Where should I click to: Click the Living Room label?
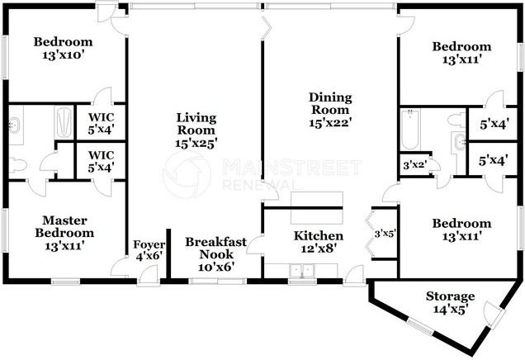pos(196,124)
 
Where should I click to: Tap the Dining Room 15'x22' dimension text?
pos(330,123)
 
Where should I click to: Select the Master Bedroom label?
pos(64,227)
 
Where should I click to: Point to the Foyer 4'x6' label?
pos(149,250)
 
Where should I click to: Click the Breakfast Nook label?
pos(216,248)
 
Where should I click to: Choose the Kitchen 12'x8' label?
pos(319,242)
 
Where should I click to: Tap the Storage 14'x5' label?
pos(450,303)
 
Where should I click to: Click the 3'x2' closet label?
pos(414,165)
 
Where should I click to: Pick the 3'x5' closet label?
pos(385,234)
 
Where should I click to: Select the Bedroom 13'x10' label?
pos(63,48)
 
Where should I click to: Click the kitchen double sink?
pos(303,271)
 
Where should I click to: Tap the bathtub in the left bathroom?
pos(64,122)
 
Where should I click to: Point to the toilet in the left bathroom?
pos(17,165)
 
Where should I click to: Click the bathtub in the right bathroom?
pos(410,130)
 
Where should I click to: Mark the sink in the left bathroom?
pos(15,126)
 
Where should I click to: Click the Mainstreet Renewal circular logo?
pos(187,175)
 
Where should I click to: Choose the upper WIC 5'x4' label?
pos(101,124)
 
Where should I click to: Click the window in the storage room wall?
pos(420,326)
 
